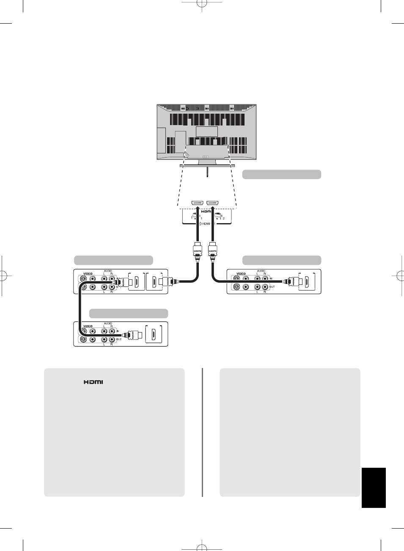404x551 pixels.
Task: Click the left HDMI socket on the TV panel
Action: click(198, 203)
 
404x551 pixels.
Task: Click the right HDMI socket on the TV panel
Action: click(212, 203)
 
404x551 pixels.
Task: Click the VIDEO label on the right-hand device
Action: click(241, 274)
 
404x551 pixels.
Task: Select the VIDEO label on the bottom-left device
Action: click(88, 326)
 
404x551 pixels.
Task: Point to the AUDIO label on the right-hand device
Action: click(261, 271)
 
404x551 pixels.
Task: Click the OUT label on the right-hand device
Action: click(272, 287)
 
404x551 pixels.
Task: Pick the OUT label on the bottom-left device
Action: click(119, 339)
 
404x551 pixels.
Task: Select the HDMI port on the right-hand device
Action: click(307, 281)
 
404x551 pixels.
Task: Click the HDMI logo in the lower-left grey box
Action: click(93, 382)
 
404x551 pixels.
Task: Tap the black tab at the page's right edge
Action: click(374, 487)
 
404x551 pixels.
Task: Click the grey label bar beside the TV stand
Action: click(281, 175)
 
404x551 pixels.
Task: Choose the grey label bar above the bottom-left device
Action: click(129, 313)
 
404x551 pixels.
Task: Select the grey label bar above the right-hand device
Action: click(281, 260)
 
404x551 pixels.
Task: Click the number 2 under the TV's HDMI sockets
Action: click(224, 218)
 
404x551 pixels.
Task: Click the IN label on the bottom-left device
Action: click(118, 331)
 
